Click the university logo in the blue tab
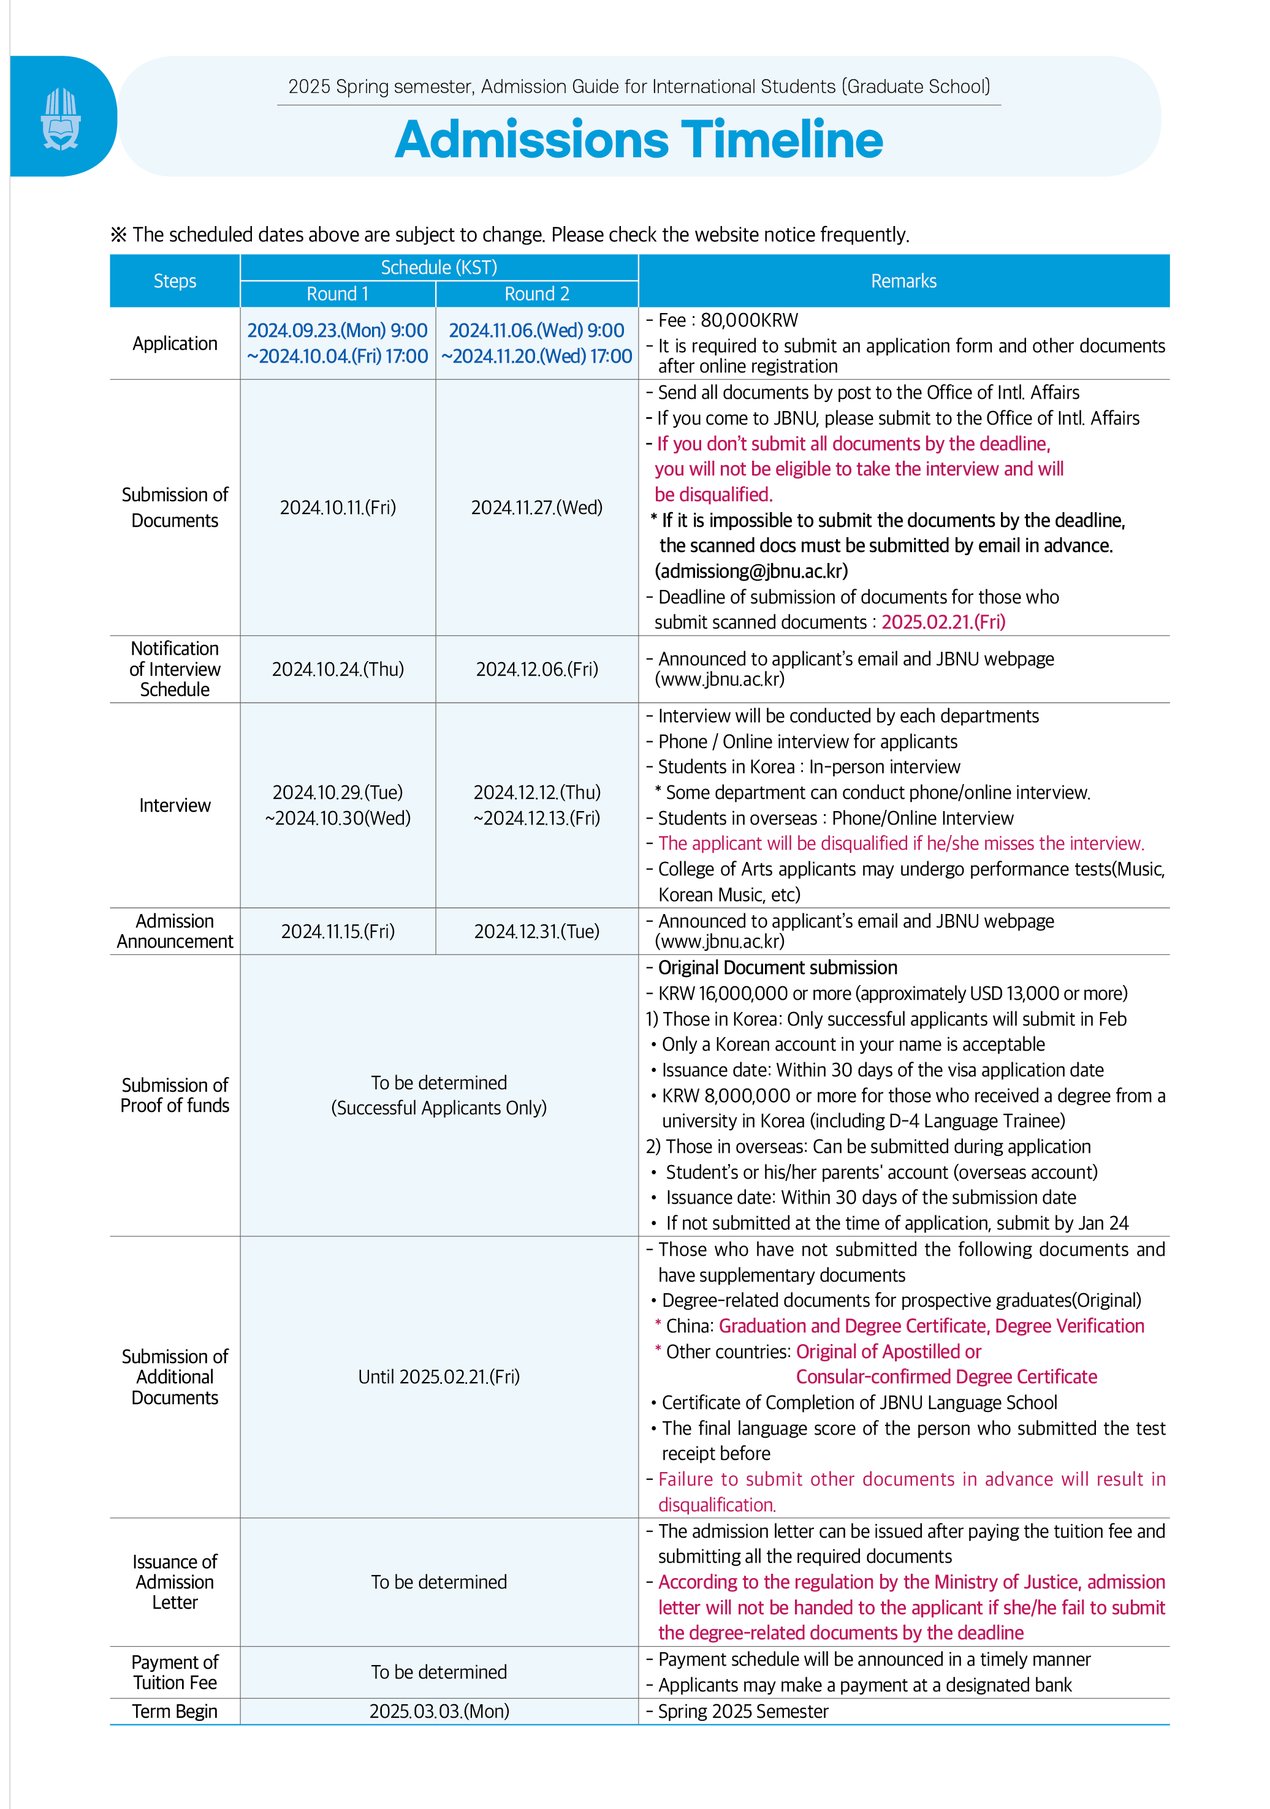coord(61,119)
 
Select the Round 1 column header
coord(337,294)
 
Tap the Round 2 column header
coord(536,294)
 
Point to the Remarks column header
coord(903,281)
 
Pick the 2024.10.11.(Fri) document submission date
coord(337,507)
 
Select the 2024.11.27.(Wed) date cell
coord(536,507)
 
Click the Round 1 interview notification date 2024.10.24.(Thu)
coord(337,669)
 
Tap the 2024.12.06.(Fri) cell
coord(536,669)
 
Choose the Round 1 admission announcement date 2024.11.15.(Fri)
coord(337,931)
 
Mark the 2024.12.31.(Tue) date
coord(536,931)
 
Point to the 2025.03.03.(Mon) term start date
coord(439,1712)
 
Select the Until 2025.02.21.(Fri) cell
coord(439,1377)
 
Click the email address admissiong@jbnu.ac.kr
coord(751,571)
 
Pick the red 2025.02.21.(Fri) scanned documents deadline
coord(943,622)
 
